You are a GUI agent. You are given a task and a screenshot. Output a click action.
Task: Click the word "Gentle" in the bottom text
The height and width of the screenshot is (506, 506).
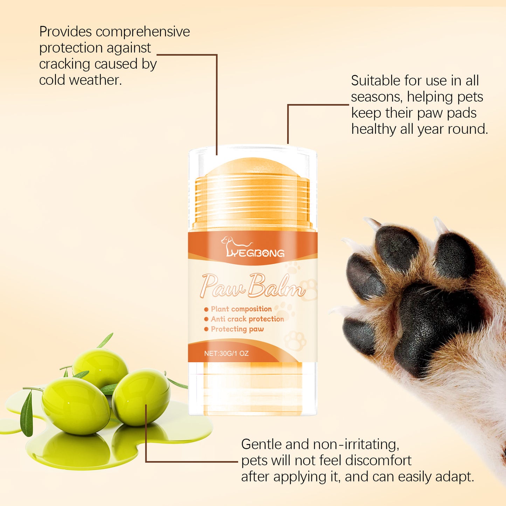coord(261,444)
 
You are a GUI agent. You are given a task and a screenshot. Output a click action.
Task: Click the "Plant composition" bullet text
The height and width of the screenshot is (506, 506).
coord(241,309)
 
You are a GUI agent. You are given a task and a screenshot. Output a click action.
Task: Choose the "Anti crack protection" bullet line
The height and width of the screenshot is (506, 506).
coord(247,319)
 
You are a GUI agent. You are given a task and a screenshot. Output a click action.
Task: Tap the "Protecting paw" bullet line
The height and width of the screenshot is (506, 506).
coord(237,329)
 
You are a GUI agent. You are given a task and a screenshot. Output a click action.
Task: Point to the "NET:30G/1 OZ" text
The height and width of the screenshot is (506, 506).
coord(226,353)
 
